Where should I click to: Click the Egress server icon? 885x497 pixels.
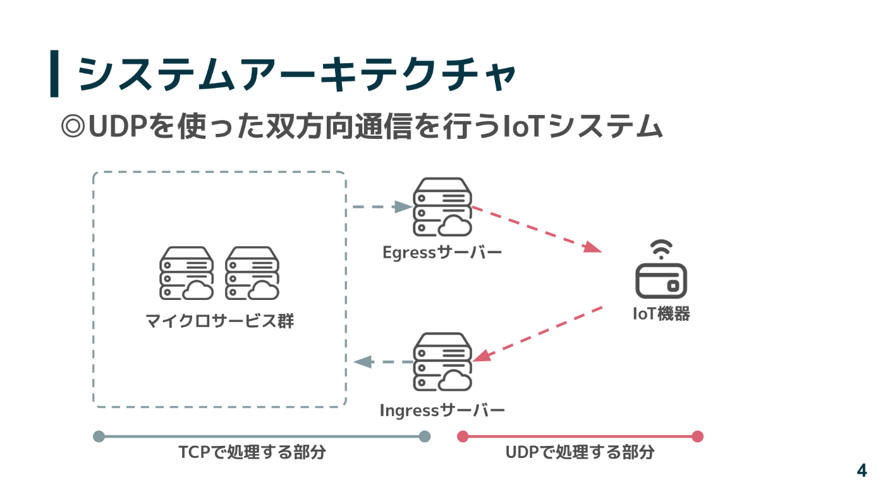(x=442, y=207)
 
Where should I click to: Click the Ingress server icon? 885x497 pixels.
(x=442, y=362)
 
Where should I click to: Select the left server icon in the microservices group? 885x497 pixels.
(x=186, y=273)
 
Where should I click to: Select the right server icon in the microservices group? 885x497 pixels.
(x=252, y=273)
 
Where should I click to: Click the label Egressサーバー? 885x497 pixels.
(x=442, y=253)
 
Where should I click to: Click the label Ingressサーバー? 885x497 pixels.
(x=442, y=410)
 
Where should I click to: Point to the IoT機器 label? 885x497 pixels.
(x=661, y=314)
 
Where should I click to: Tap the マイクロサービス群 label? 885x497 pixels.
(x=219, y=321)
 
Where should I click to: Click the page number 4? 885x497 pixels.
(x=862, y=470)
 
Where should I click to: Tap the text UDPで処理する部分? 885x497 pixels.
(x=580, y=453)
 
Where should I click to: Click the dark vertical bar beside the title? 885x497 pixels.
(x=54, y=74)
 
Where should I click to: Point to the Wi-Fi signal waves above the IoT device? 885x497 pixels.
(x=661, y=249)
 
